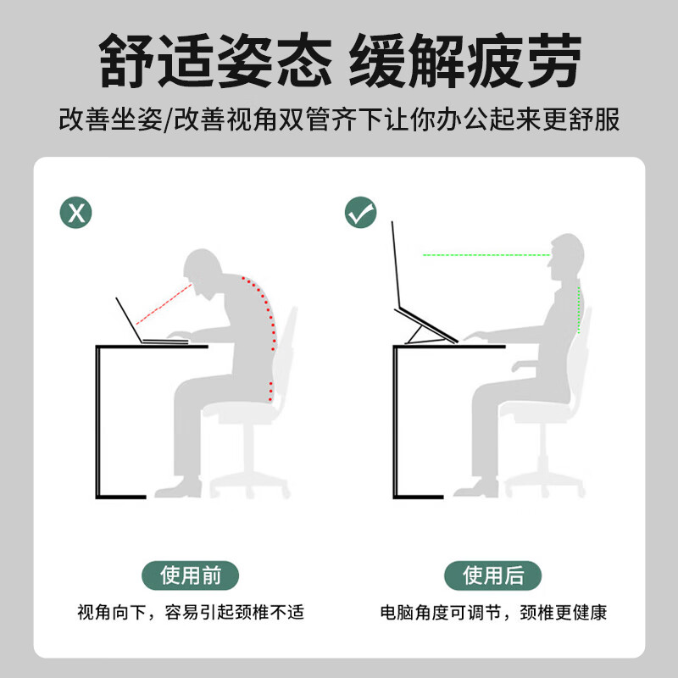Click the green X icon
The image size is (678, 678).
click(x=76, y=212)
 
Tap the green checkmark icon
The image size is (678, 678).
click(x=361, y=212)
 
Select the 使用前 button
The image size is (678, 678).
click(x=191, y=575)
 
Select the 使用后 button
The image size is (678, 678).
click(x=493, y=575)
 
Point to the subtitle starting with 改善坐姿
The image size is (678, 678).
click(x=339, y=119)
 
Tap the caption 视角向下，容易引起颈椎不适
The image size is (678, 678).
click(x=191, y=612)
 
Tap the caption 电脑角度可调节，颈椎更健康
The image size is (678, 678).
click(x=493, y=612)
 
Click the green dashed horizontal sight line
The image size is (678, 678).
click(x=483, y=254)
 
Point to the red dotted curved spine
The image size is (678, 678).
click(x=270, y=322)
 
